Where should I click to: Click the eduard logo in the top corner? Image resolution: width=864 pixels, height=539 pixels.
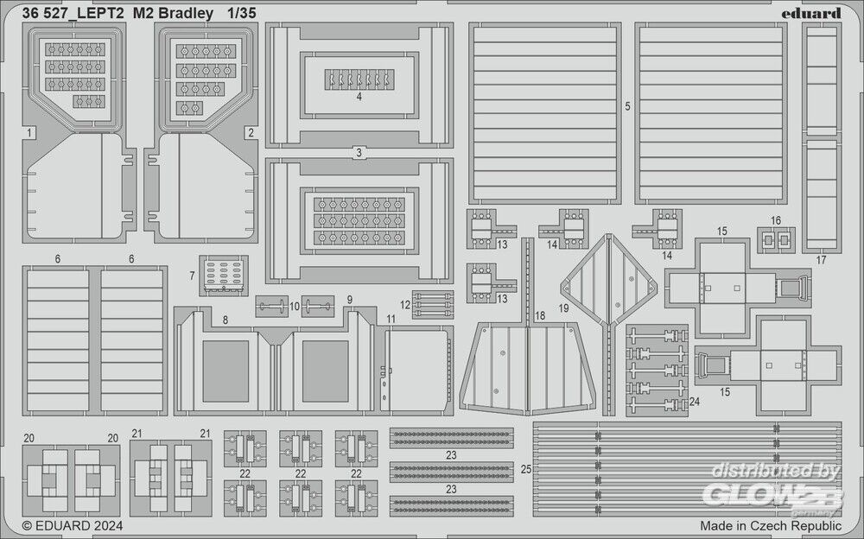click(x=810, y=13)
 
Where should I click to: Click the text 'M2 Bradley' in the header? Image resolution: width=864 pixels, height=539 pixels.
click(x=173, y=13)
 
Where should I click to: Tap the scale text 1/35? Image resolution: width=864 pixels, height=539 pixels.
click(x=241, y=13)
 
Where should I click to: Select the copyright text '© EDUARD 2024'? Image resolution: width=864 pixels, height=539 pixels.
click(x=73, y=525)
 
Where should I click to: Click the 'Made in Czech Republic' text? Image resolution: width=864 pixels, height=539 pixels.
click(x=771, y=525)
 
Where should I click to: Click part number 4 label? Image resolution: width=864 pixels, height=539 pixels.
click(x=359, y=97)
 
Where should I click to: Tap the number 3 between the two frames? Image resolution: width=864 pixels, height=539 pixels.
click(x=359, y=153)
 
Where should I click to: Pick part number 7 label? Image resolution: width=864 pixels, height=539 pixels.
click(x=192, y=275)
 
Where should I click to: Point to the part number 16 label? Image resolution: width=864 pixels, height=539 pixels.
click(x=776, y=220)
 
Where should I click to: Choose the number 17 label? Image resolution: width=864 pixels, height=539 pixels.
click(x=821, y=260)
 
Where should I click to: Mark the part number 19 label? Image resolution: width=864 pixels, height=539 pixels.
click(x=563, y=308)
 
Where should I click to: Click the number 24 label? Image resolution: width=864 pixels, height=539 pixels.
click(x=695, y=401)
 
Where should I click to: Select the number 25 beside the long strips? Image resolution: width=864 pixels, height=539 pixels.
click(x=526, y=469)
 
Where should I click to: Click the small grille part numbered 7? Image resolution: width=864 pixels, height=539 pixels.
click(x=224, y=275)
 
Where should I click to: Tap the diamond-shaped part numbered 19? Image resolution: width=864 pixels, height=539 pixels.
click(x=609, y=280)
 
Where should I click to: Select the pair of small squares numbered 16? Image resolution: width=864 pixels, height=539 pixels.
click(x=776, y=240)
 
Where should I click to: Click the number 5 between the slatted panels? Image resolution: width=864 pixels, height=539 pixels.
click(x=627, y=106)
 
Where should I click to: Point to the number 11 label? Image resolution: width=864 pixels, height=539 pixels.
click(x=391, y=319)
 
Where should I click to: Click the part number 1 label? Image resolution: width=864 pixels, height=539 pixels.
click(x=29, y=132)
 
